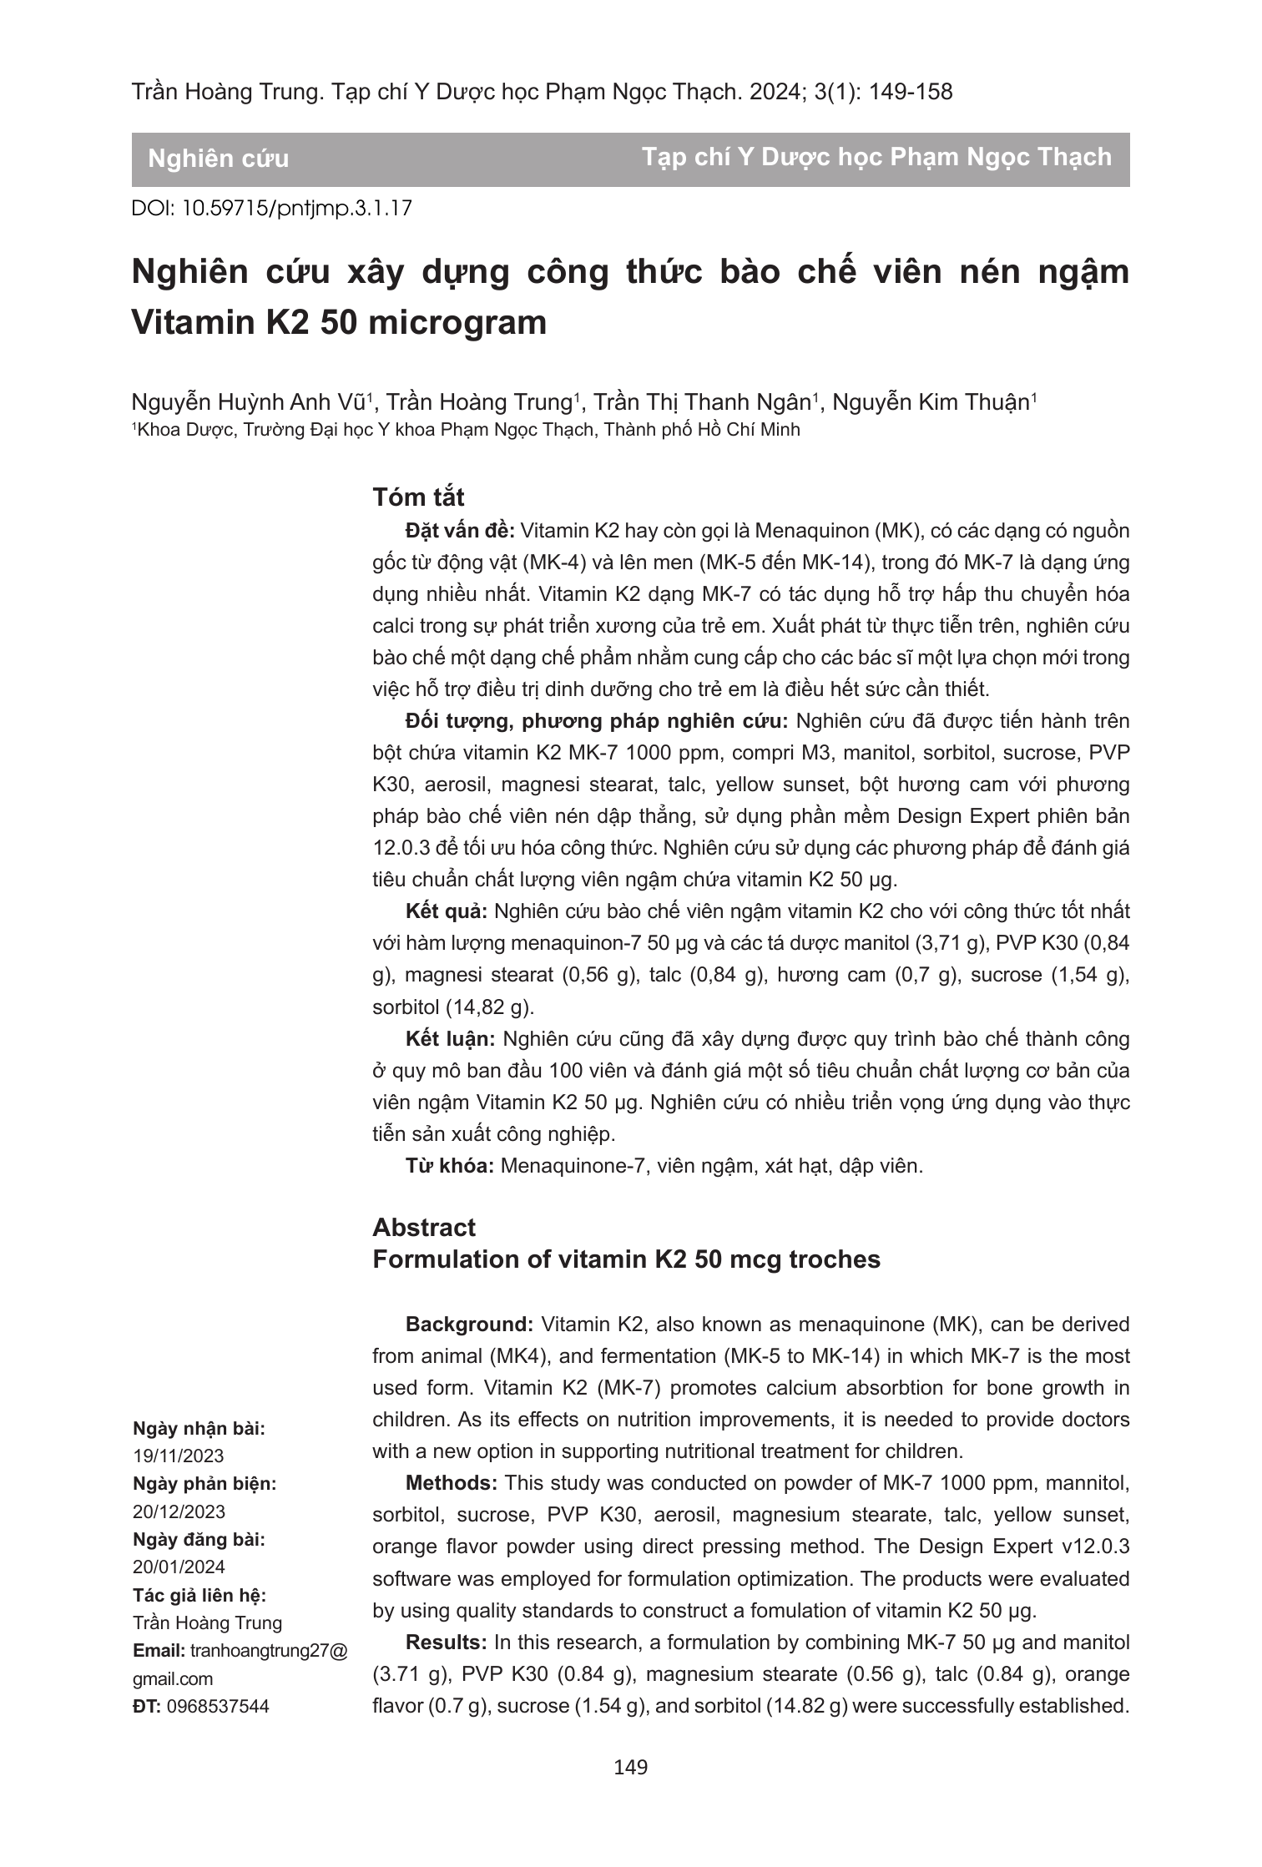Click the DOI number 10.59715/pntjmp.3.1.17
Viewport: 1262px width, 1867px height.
(x=296, y=208)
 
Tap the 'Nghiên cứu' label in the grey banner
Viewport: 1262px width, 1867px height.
(x=219, y=159)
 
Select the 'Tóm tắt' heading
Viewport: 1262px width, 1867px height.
(x=418, y=497)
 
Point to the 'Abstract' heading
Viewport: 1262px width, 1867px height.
(x=424, y=1227)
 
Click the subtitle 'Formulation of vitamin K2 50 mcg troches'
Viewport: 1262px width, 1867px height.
(x=626, y=1259)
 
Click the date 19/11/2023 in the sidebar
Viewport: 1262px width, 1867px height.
(x=179, y=1456)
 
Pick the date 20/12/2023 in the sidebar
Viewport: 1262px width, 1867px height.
(x=179, y=1511)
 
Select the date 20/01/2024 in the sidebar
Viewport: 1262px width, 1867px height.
(x=179, y=1567)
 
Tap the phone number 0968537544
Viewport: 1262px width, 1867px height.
(x=219, y=1705)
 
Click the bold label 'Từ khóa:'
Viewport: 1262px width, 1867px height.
(x=451, y=1166)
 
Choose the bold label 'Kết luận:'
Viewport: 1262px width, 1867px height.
(x=451, y=1039)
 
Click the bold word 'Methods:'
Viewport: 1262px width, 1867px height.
(x=452, y=1483)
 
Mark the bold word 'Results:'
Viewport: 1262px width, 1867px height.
(x=446, y=1642)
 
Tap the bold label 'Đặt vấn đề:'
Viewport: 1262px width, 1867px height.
(x=461, y=531)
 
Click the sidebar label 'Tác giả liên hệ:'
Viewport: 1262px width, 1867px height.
(x=199, y=1595)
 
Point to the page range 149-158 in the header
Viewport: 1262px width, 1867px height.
(x=911, y=93)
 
